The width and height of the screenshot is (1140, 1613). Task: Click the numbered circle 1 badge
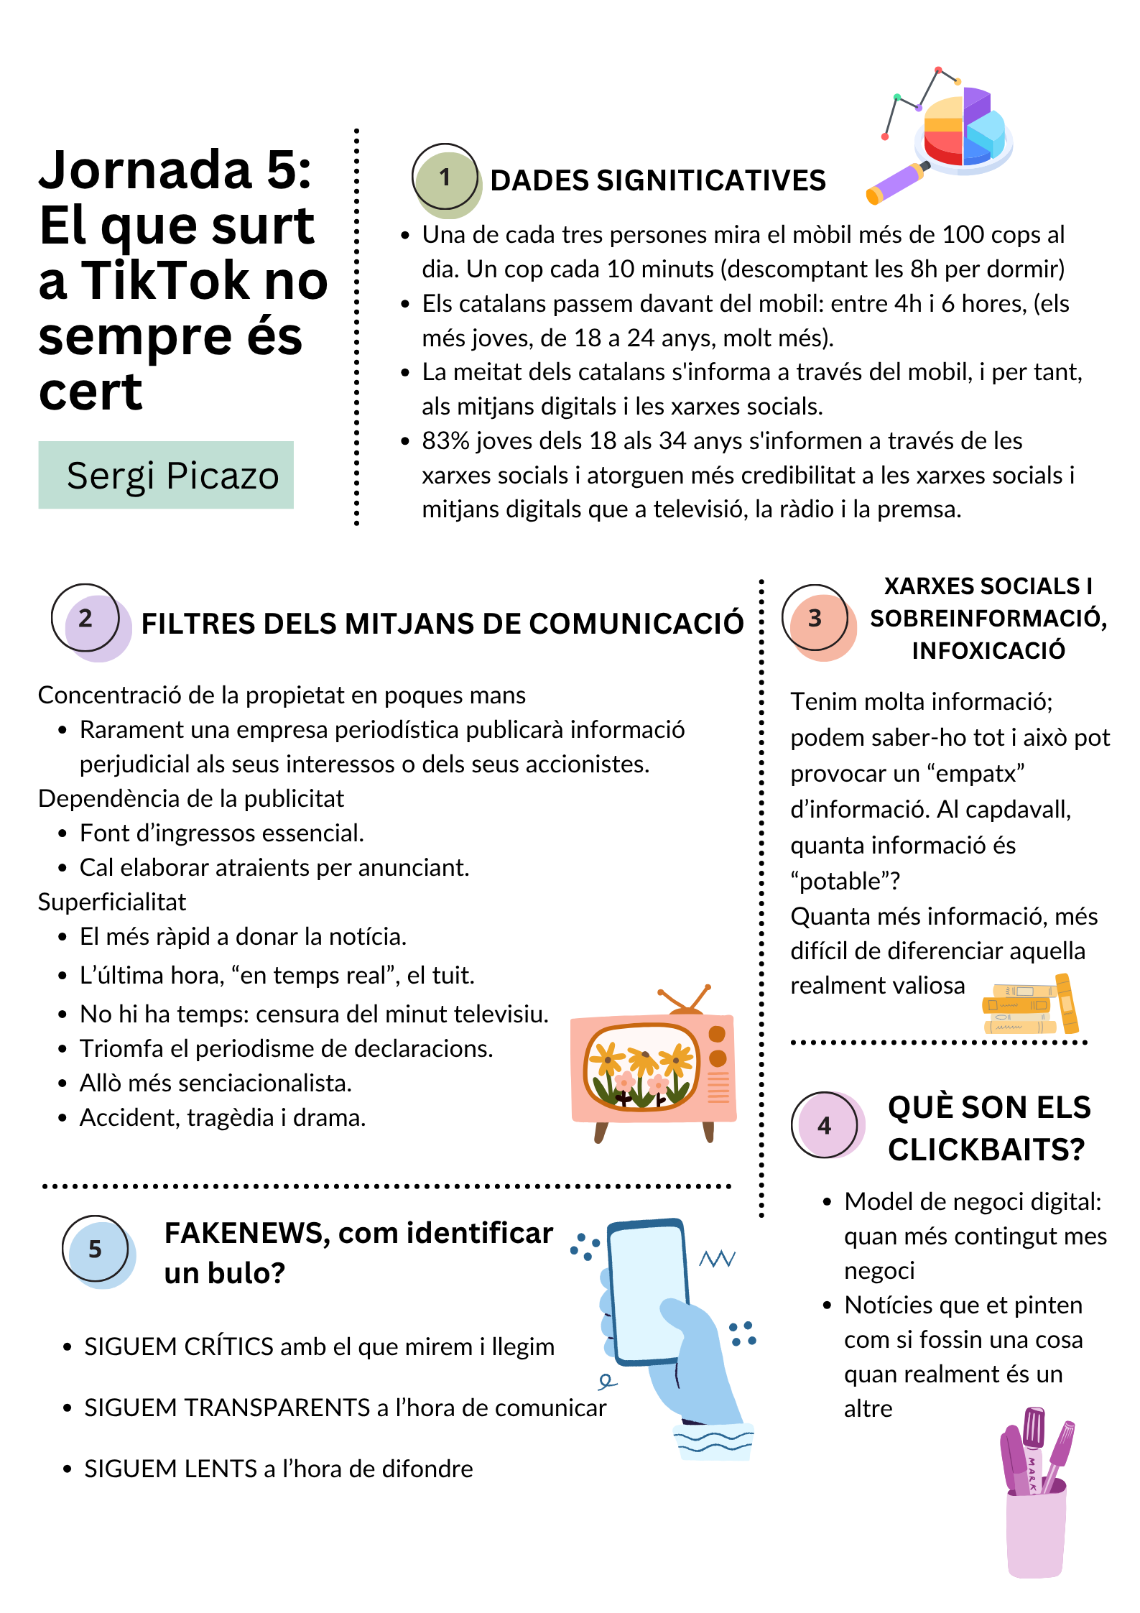(445, 178)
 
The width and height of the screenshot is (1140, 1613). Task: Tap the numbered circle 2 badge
(86, 619)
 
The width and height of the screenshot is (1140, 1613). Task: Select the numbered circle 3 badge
(815, 619)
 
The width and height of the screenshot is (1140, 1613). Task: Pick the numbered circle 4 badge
(825, 1125)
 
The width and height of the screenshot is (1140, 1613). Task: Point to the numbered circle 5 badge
(96, 1249)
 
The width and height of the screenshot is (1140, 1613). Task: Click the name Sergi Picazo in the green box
(172, 476)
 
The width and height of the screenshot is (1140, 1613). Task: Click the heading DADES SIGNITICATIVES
(657, 180)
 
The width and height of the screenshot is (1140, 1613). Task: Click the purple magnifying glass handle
(894, 184)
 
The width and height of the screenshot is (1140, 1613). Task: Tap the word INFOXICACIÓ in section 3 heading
(988, 651)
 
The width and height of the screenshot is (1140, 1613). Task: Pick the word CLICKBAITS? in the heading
(986, 1150)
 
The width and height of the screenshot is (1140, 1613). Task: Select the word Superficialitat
(112, 902)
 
